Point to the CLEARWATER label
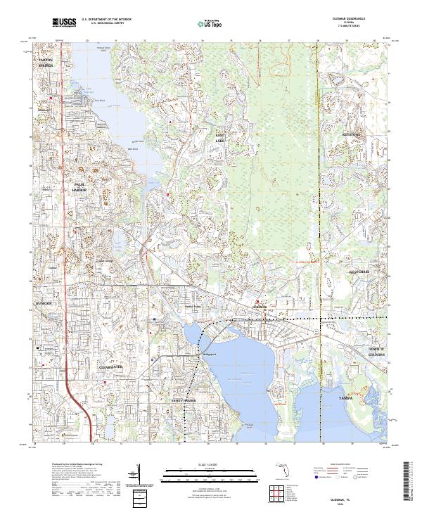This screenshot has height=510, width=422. coord(111,366)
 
